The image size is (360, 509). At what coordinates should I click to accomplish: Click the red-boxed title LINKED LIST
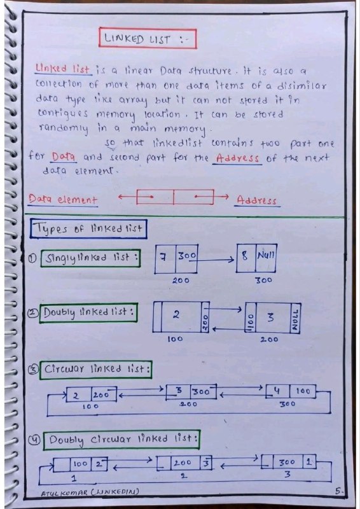148,39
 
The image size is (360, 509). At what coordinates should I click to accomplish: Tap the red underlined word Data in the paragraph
64,157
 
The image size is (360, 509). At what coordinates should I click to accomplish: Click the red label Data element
63,199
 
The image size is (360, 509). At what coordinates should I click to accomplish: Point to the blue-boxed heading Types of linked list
88,229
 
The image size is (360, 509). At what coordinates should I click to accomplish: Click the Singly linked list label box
90,258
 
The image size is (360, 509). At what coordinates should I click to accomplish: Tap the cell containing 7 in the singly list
165,259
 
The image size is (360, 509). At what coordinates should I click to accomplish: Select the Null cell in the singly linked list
266,258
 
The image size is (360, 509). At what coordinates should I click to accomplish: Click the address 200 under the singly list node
181,280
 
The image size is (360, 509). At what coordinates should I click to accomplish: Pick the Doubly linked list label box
88,313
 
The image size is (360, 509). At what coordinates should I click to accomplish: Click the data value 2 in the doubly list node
176,315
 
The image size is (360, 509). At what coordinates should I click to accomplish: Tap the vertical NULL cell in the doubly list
295,319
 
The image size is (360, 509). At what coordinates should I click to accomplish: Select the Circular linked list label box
96,370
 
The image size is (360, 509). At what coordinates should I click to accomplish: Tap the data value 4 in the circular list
277,391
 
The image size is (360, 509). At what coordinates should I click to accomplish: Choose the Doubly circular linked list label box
121,440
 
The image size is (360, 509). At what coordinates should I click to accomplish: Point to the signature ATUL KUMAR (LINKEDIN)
90,492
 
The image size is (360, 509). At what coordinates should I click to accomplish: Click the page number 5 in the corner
338,491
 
